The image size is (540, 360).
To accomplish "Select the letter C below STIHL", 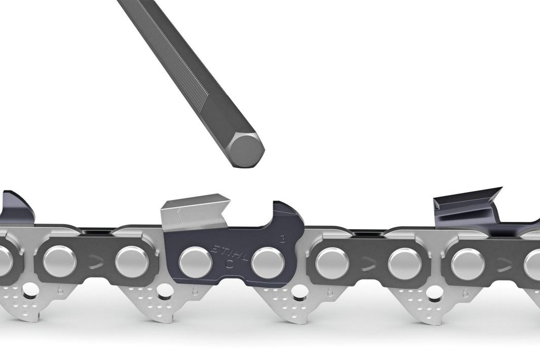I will point(228,262).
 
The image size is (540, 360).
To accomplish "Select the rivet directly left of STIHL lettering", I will point(196,262).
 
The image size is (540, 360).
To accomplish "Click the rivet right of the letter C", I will point(268,262).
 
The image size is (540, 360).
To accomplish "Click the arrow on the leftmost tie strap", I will point(95,262).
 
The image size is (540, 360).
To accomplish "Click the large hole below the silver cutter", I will point(165,289).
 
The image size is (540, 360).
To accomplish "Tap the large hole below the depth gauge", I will point(300,290).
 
